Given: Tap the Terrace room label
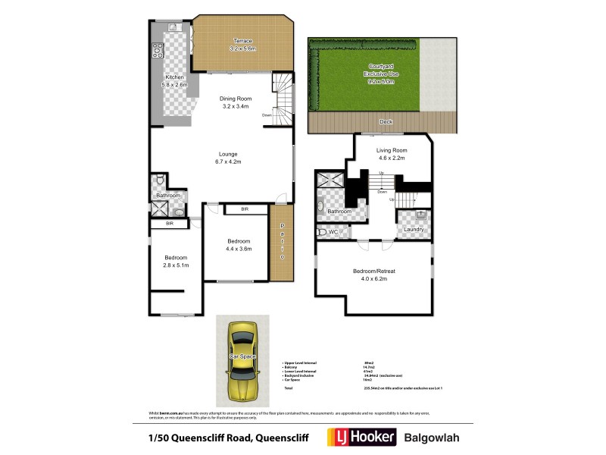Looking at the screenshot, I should pos(242,44).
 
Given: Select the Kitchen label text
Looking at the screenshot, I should pos(175,81).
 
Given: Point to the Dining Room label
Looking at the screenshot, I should pos(236,102).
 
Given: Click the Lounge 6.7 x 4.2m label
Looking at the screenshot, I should pos(228,158).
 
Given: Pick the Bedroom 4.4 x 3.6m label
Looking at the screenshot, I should pos(238,244).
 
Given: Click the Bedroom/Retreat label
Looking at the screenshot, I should pos(374,275).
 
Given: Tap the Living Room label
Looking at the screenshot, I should pos(392,154).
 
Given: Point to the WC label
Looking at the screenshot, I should pos(333,232).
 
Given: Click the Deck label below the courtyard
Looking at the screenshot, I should pos(386,121).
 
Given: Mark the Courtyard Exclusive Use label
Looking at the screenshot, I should pos(383,74).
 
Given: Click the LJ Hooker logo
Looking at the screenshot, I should pos(360,438).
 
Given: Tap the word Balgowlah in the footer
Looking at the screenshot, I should pos(432,438).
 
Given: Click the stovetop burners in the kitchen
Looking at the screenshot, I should pos(158,50).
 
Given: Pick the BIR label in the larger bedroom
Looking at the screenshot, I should pos(244,209).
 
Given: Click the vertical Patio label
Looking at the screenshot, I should pos(282,243).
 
